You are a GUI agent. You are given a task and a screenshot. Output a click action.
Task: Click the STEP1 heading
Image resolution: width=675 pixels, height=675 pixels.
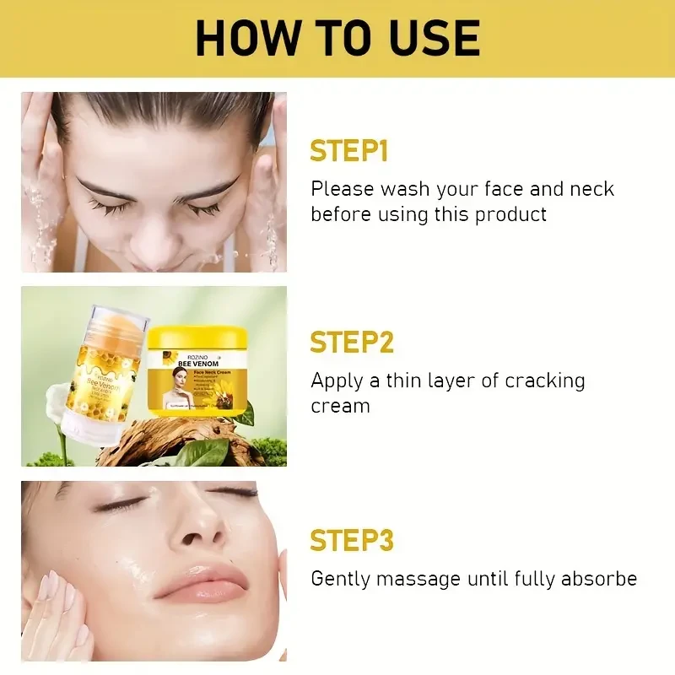(348, 151)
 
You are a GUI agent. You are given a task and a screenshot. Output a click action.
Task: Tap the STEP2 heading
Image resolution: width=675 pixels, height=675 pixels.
(352, 343)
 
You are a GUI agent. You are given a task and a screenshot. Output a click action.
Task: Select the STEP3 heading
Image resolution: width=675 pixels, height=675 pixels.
(352, 540)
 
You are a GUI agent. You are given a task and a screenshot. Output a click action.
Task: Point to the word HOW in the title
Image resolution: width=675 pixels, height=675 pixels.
(243, 37)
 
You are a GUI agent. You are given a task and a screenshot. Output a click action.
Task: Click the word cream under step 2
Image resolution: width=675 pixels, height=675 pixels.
(340, 406)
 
